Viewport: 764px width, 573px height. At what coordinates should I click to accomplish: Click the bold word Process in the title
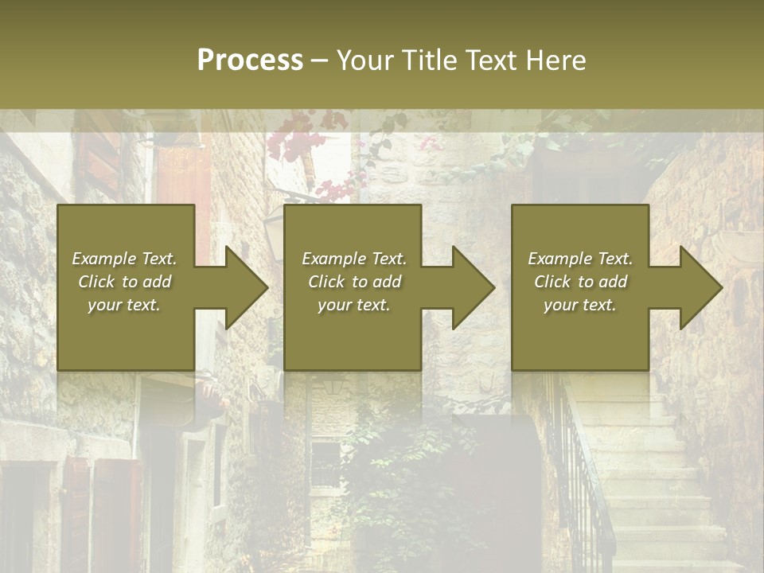click(x=250, y=60)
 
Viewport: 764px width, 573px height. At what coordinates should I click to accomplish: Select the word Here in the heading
click(x=557, y=60)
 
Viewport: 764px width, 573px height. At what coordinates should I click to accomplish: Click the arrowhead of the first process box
click(x=244, y=287)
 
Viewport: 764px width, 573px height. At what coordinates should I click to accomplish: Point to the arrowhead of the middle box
click(x=471, y=287)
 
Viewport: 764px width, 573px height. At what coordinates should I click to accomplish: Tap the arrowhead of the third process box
click(x=699, y=287)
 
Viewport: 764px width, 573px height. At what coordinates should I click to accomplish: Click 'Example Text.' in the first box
click(x=124, y=259)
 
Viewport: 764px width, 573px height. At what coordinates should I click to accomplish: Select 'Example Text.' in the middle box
click(x=354, y=259)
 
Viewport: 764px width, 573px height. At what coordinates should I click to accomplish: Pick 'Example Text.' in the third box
click(x=580, y=259)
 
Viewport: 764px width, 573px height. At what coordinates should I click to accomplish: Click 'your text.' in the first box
click(x=124, y=305)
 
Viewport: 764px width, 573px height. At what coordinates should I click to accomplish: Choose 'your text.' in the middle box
click(x=354, y=305)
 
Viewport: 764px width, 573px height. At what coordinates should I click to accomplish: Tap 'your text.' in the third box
click(x=580, y=305)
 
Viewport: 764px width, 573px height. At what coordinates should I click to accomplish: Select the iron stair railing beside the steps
click(x=585, y=477)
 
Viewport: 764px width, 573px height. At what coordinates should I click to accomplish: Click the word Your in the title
click(x=364, y=60)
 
